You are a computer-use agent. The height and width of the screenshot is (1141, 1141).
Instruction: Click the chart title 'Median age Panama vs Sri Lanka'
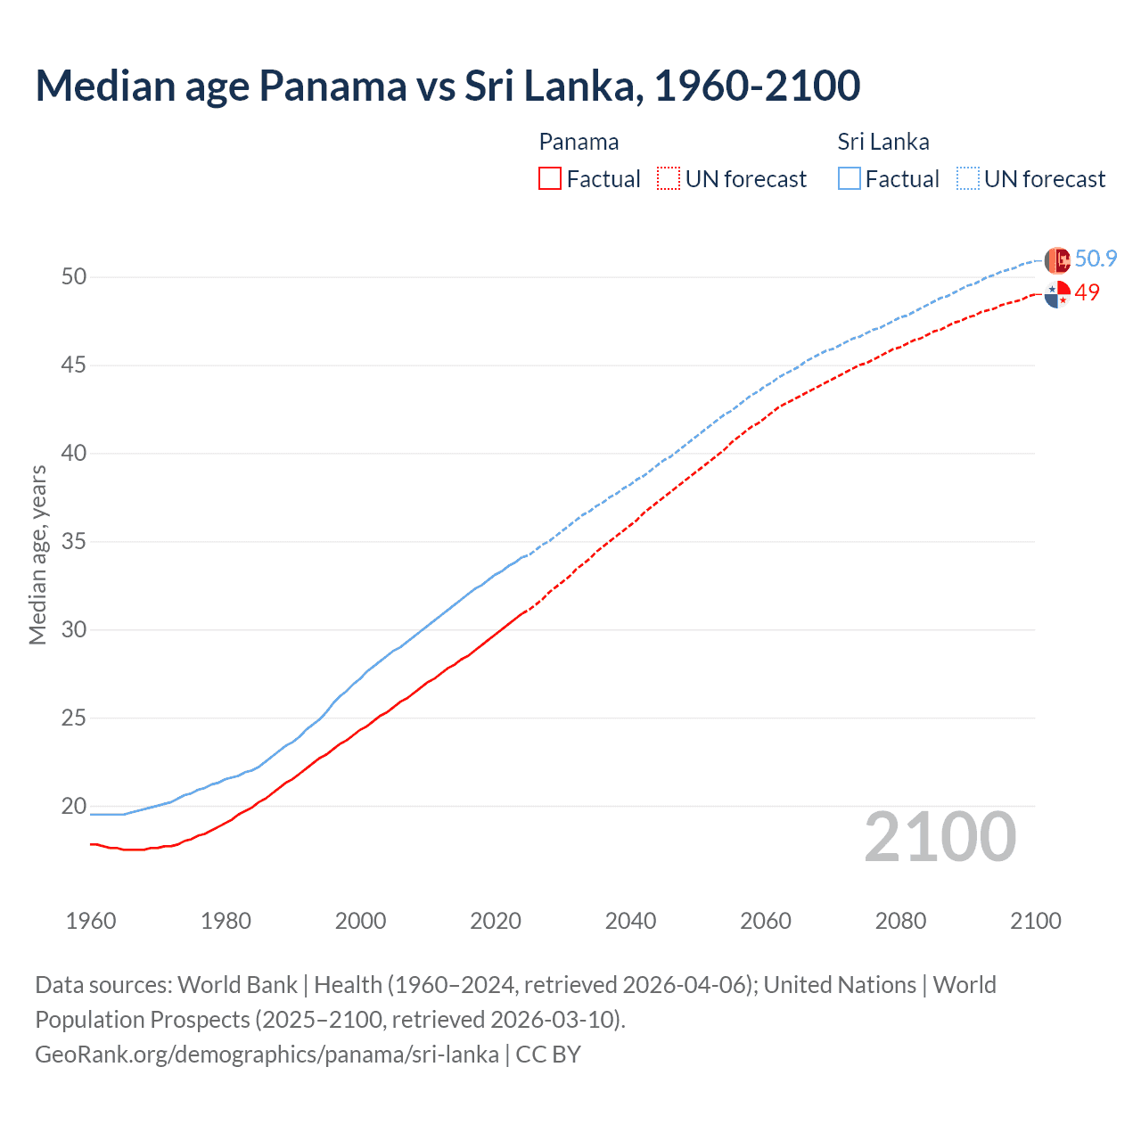[447, 86]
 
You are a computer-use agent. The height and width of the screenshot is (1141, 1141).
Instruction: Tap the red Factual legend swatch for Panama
[550, 178]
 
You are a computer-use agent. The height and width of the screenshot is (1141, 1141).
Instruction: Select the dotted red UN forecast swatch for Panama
[669, 178]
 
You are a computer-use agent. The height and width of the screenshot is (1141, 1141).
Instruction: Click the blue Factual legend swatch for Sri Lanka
[850, 178]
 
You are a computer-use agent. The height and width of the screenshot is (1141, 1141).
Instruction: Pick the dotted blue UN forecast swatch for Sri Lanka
[968, 178]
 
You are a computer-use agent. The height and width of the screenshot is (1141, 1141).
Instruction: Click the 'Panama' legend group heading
[579, 142]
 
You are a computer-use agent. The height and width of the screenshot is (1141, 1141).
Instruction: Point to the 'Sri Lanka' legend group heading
[882, 142]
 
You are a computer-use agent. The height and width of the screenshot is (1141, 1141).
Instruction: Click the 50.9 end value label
[1096, 259]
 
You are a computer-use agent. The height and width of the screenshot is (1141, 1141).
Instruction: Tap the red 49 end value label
[1087, 292]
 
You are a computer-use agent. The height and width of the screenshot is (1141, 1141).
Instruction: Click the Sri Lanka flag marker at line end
[1057, 260]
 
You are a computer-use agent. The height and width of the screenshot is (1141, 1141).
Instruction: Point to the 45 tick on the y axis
[74, 365]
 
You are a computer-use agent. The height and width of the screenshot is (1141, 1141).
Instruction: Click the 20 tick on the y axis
[74, 807]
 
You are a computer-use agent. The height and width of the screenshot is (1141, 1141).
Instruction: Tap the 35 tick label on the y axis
[74, 542]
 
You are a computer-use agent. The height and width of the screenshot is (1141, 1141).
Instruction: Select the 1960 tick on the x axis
[91, 921]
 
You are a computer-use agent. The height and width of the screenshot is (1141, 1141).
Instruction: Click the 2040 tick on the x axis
[630, 921]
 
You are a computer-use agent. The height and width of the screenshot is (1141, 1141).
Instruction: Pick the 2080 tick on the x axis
[900, 921]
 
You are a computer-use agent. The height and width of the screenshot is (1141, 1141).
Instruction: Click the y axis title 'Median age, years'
[37, 554]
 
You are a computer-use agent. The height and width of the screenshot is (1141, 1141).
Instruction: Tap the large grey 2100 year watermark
[940, 837]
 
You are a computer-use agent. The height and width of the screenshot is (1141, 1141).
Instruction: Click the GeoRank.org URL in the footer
[267, 1055]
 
